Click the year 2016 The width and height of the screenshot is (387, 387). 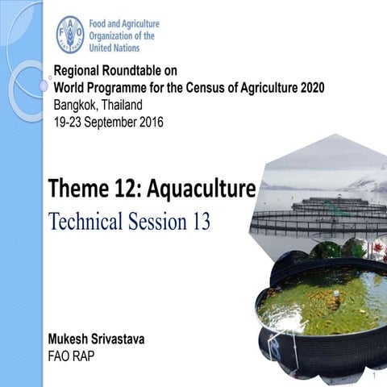[151, 123]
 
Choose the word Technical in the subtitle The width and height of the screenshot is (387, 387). [85, 221]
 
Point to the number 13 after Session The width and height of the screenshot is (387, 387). [201, 221]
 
